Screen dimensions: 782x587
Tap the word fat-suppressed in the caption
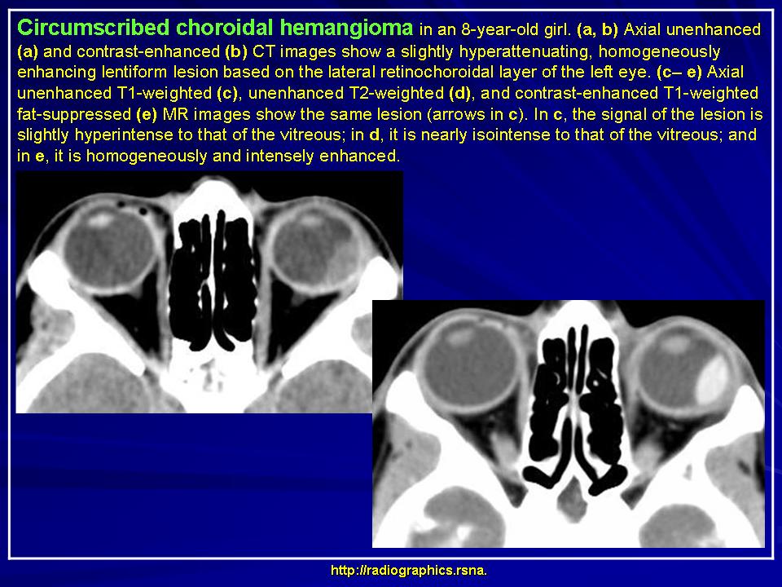(74, 114)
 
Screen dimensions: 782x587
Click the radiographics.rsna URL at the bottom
(408, 571)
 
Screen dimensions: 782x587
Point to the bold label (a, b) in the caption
(597, 30)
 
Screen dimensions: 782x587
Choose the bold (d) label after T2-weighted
(459, 93)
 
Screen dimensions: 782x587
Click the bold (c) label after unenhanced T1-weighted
(227, 93)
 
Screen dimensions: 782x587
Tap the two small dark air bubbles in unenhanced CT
(132, 208)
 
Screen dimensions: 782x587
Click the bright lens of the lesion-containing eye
(677, 344)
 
